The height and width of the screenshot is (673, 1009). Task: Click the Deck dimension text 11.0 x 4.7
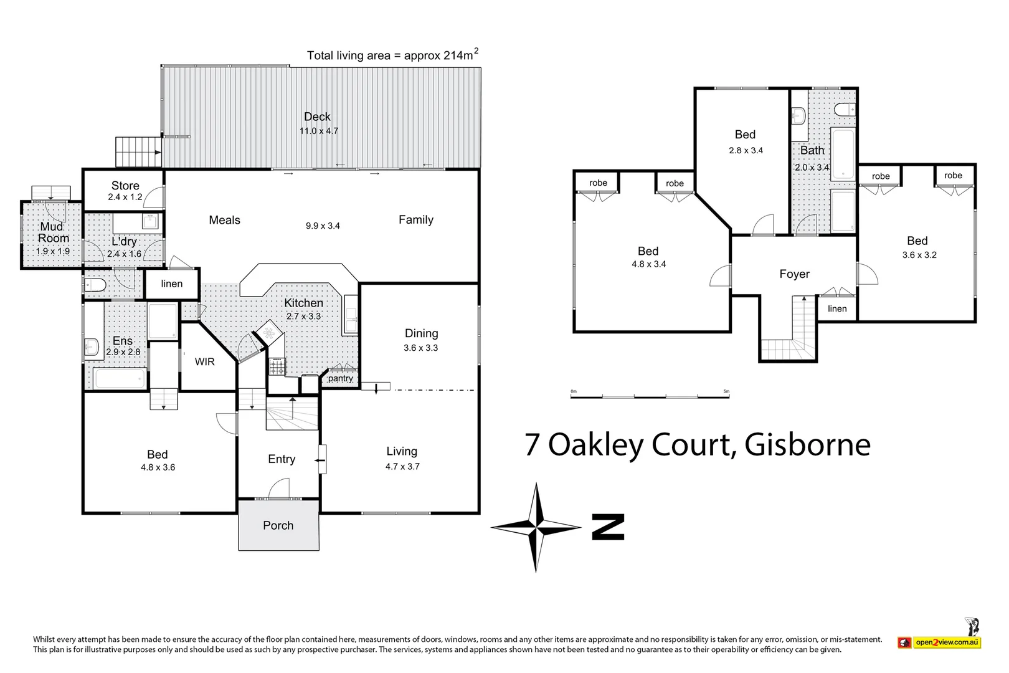(x=318, y=131)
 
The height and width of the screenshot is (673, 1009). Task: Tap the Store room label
(x=125, y=186)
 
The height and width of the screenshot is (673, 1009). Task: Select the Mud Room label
(x=53, y=232)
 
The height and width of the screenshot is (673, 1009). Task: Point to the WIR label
(x=204, y=362)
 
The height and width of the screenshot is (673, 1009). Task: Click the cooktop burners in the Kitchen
(x=277, y=367)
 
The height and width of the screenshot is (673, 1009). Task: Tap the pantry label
(x=340, y=378)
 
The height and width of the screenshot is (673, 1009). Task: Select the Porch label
(x=278, y=525)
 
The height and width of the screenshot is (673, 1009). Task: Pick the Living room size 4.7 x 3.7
(x=402, y=467)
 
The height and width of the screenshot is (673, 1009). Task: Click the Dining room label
(x=421, y=333)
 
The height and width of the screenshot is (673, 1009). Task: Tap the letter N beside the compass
(x=608, y=527)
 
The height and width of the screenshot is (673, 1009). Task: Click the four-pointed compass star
(x=536, y=527)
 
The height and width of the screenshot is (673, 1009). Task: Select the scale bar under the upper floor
(x=650, y=396)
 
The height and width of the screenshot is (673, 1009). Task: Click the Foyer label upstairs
(x=794, y=274)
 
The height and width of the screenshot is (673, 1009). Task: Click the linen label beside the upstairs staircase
(x=837, y=308)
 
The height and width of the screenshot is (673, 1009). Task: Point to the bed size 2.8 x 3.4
(x=746, y=150)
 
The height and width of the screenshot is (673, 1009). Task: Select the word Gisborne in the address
(x=807, y=445)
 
